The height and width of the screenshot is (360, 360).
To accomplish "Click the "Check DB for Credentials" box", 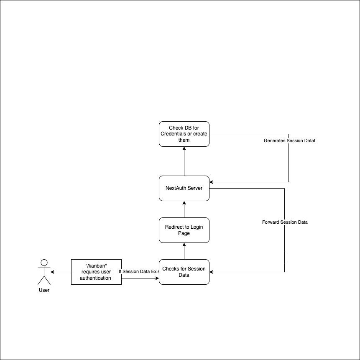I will (184, 134).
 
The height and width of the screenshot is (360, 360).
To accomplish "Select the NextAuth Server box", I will (184, 188).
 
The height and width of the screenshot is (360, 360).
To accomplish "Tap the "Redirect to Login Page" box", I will (184, 230).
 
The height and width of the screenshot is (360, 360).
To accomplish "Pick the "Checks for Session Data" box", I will (184, 272).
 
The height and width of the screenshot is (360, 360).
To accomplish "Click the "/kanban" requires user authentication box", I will (96, 272).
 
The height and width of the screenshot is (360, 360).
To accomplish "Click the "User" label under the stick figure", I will (43, 290).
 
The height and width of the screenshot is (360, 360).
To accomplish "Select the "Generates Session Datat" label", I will (289, 141).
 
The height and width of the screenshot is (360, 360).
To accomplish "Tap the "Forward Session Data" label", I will (285, 222).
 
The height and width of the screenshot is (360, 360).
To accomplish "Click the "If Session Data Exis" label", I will (139, 271).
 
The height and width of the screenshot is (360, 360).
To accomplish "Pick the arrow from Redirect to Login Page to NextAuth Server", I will (184, 209).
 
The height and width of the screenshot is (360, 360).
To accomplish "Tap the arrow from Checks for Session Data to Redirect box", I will (184, 251).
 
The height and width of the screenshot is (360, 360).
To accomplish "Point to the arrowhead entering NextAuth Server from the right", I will (212, 182).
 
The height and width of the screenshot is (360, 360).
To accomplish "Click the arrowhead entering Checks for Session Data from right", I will (212, 272).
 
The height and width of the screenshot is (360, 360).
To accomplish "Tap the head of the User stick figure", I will (43, 263).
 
